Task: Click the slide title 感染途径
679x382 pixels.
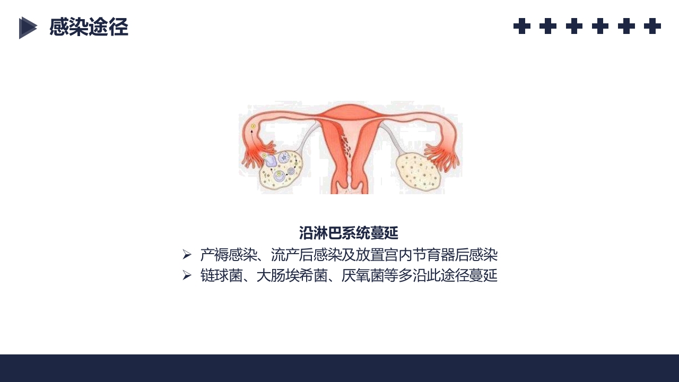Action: [89, 27]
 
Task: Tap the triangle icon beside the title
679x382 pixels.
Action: [28, 28]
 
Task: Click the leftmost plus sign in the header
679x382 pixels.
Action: [522, 26]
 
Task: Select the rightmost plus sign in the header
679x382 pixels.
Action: [652, 26]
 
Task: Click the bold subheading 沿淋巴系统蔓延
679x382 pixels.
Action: [349, 233]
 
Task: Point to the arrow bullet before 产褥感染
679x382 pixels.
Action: [187, 255]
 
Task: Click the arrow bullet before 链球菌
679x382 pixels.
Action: [187, 275]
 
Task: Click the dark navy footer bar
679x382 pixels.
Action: [339, 368]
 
